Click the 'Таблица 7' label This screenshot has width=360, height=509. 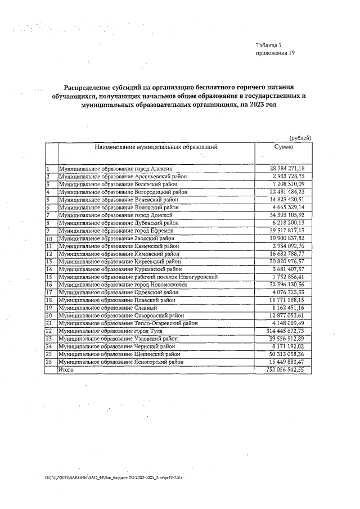coord(272,44)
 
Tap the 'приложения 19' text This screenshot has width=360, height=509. coord(275,53)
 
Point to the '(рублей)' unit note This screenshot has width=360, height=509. coord(300,138)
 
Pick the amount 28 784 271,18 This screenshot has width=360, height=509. coord(287,169)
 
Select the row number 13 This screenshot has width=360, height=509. coord(49,262)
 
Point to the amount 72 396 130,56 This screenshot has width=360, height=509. coord(287,285)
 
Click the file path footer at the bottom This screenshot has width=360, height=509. coord(117,476)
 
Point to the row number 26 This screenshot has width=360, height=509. coord(49,362)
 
